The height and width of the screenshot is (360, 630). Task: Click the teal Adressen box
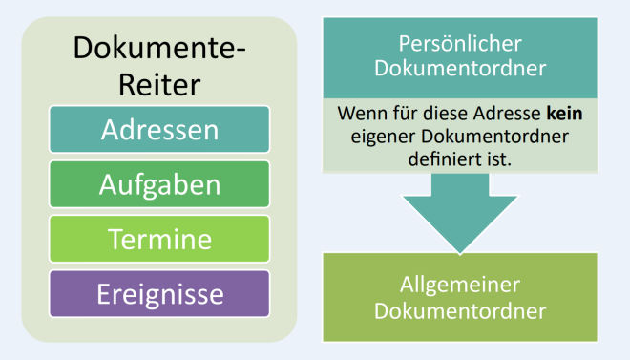tap(160, 129)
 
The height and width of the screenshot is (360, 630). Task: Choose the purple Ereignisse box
tap(160, 293)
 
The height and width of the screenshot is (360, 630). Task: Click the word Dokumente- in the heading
tap(159, 47)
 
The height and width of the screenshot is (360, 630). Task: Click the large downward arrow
tap(461, 214)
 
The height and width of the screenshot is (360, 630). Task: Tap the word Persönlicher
tap(461, 45)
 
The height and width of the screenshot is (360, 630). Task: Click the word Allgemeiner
tap(461, 287)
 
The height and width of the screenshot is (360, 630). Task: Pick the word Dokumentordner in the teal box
tap(461, 68)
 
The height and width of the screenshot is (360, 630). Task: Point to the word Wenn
tap(357, 114)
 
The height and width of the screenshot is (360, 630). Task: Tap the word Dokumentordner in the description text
tap(496, 137)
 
